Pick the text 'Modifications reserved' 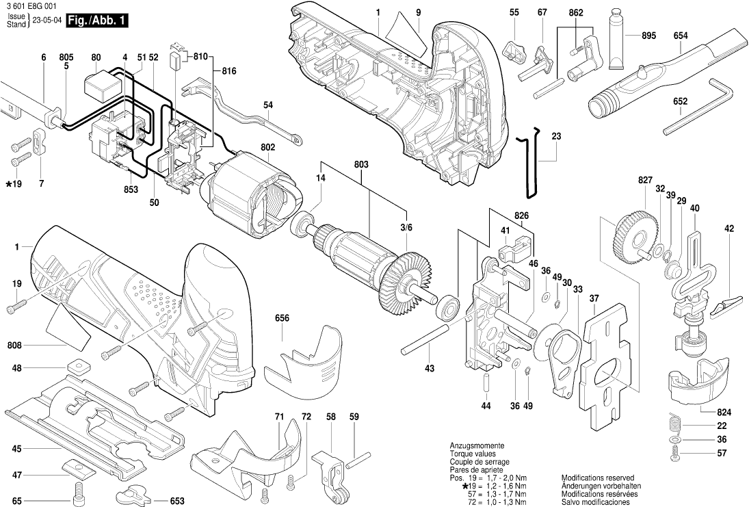point(597,478)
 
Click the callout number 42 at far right point(728,229)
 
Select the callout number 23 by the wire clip point(556,136)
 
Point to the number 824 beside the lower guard point(724,413)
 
